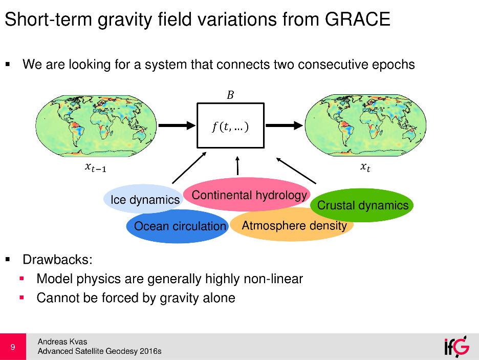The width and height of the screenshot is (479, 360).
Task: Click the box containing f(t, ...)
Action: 230,126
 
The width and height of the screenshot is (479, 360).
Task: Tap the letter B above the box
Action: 230,95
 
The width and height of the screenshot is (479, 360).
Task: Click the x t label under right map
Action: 364,167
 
